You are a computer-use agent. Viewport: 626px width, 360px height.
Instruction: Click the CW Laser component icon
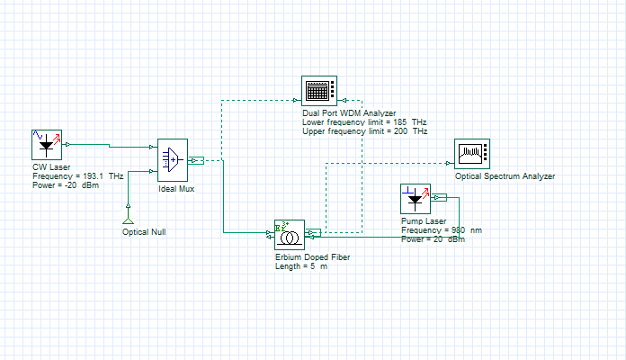point(47,145)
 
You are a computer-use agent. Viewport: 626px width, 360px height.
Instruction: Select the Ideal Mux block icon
point(173,160)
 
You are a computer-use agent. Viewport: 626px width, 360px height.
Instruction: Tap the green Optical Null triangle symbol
point(128,221)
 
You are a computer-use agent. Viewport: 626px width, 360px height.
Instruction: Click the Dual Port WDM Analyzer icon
point(319,91)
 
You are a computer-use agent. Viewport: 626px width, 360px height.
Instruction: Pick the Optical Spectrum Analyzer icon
point(472,154)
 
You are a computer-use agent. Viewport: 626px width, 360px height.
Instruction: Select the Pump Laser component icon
point(416,199)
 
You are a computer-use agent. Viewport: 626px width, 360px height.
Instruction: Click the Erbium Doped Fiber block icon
point(290,235)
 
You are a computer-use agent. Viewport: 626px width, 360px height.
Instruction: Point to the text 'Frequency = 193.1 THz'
point(78,176)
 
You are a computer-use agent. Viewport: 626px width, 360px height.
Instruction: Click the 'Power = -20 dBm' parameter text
point(66,185)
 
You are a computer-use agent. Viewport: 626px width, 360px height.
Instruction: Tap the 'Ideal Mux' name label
point(176,189)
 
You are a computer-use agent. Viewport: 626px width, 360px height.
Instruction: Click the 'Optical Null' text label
point(144,232)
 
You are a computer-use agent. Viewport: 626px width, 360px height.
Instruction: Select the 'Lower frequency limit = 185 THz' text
point(364,122)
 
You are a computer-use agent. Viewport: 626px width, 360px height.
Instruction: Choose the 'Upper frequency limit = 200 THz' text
point(364,131)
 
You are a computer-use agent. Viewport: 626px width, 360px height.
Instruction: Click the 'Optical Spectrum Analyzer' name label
point(505,176)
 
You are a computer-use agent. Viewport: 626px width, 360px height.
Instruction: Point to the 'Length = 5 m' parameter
point(301,266)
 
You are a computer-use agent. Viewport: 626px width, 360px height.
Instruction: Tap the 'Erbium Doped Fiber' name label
point(313,257)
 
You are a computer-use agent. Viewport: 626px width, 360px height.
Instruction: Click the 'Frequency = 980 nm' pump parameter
point(442,230)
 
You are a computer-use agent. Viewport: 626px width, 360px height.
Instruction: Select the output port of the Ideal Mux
point(196,160)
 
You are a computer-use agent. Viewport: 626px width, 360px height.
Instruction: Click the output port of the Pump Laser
point(439,197)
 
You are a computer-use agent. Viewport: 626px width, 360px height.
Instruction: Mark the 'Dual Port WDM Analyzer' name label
point(349,113)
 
